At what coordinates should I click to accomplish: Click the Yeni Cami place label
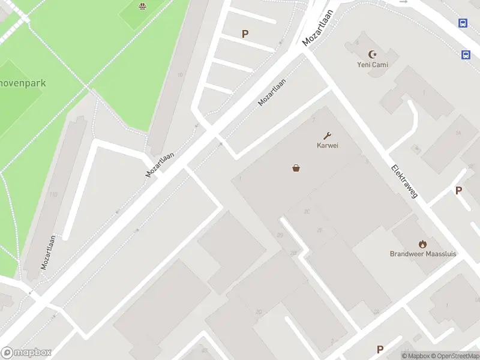(373, 65)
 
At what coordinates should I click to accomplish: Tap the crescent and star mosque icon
(373, 54)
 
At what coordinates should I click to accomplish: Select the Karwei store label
(328, 145)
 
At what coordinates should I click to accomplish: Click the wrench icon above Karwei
(328, 136)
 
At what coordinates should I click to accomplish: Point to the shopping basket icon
(296, 169)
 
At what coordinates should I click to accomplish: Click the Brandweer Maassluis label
(423, 254)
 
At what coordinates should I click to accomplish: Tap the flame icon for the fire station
(423, 244)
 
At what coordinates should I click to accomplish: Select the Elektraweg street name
(404, 181)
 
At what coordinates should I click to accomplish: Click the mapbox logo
(26, 353)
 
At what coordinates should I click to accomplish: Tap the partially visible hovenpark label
(23, 83)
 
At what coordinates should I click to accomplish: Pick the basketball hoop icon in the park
(143, 7)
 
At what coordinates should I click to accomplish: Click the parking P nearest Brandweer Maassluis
(459, 191)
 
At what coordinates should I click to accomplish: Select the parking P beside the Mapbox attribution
(380, 349)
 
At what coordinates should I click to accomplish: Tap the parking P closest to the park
(245, 34)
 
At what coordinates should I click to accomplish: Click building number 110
(53, 194)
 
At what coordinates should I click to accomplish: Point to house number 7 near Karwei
(313, 120)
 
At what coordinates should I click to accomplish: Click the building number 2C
(307, 211)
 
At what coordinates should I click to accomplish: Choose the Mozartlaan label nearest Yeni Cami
(317, 30)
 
